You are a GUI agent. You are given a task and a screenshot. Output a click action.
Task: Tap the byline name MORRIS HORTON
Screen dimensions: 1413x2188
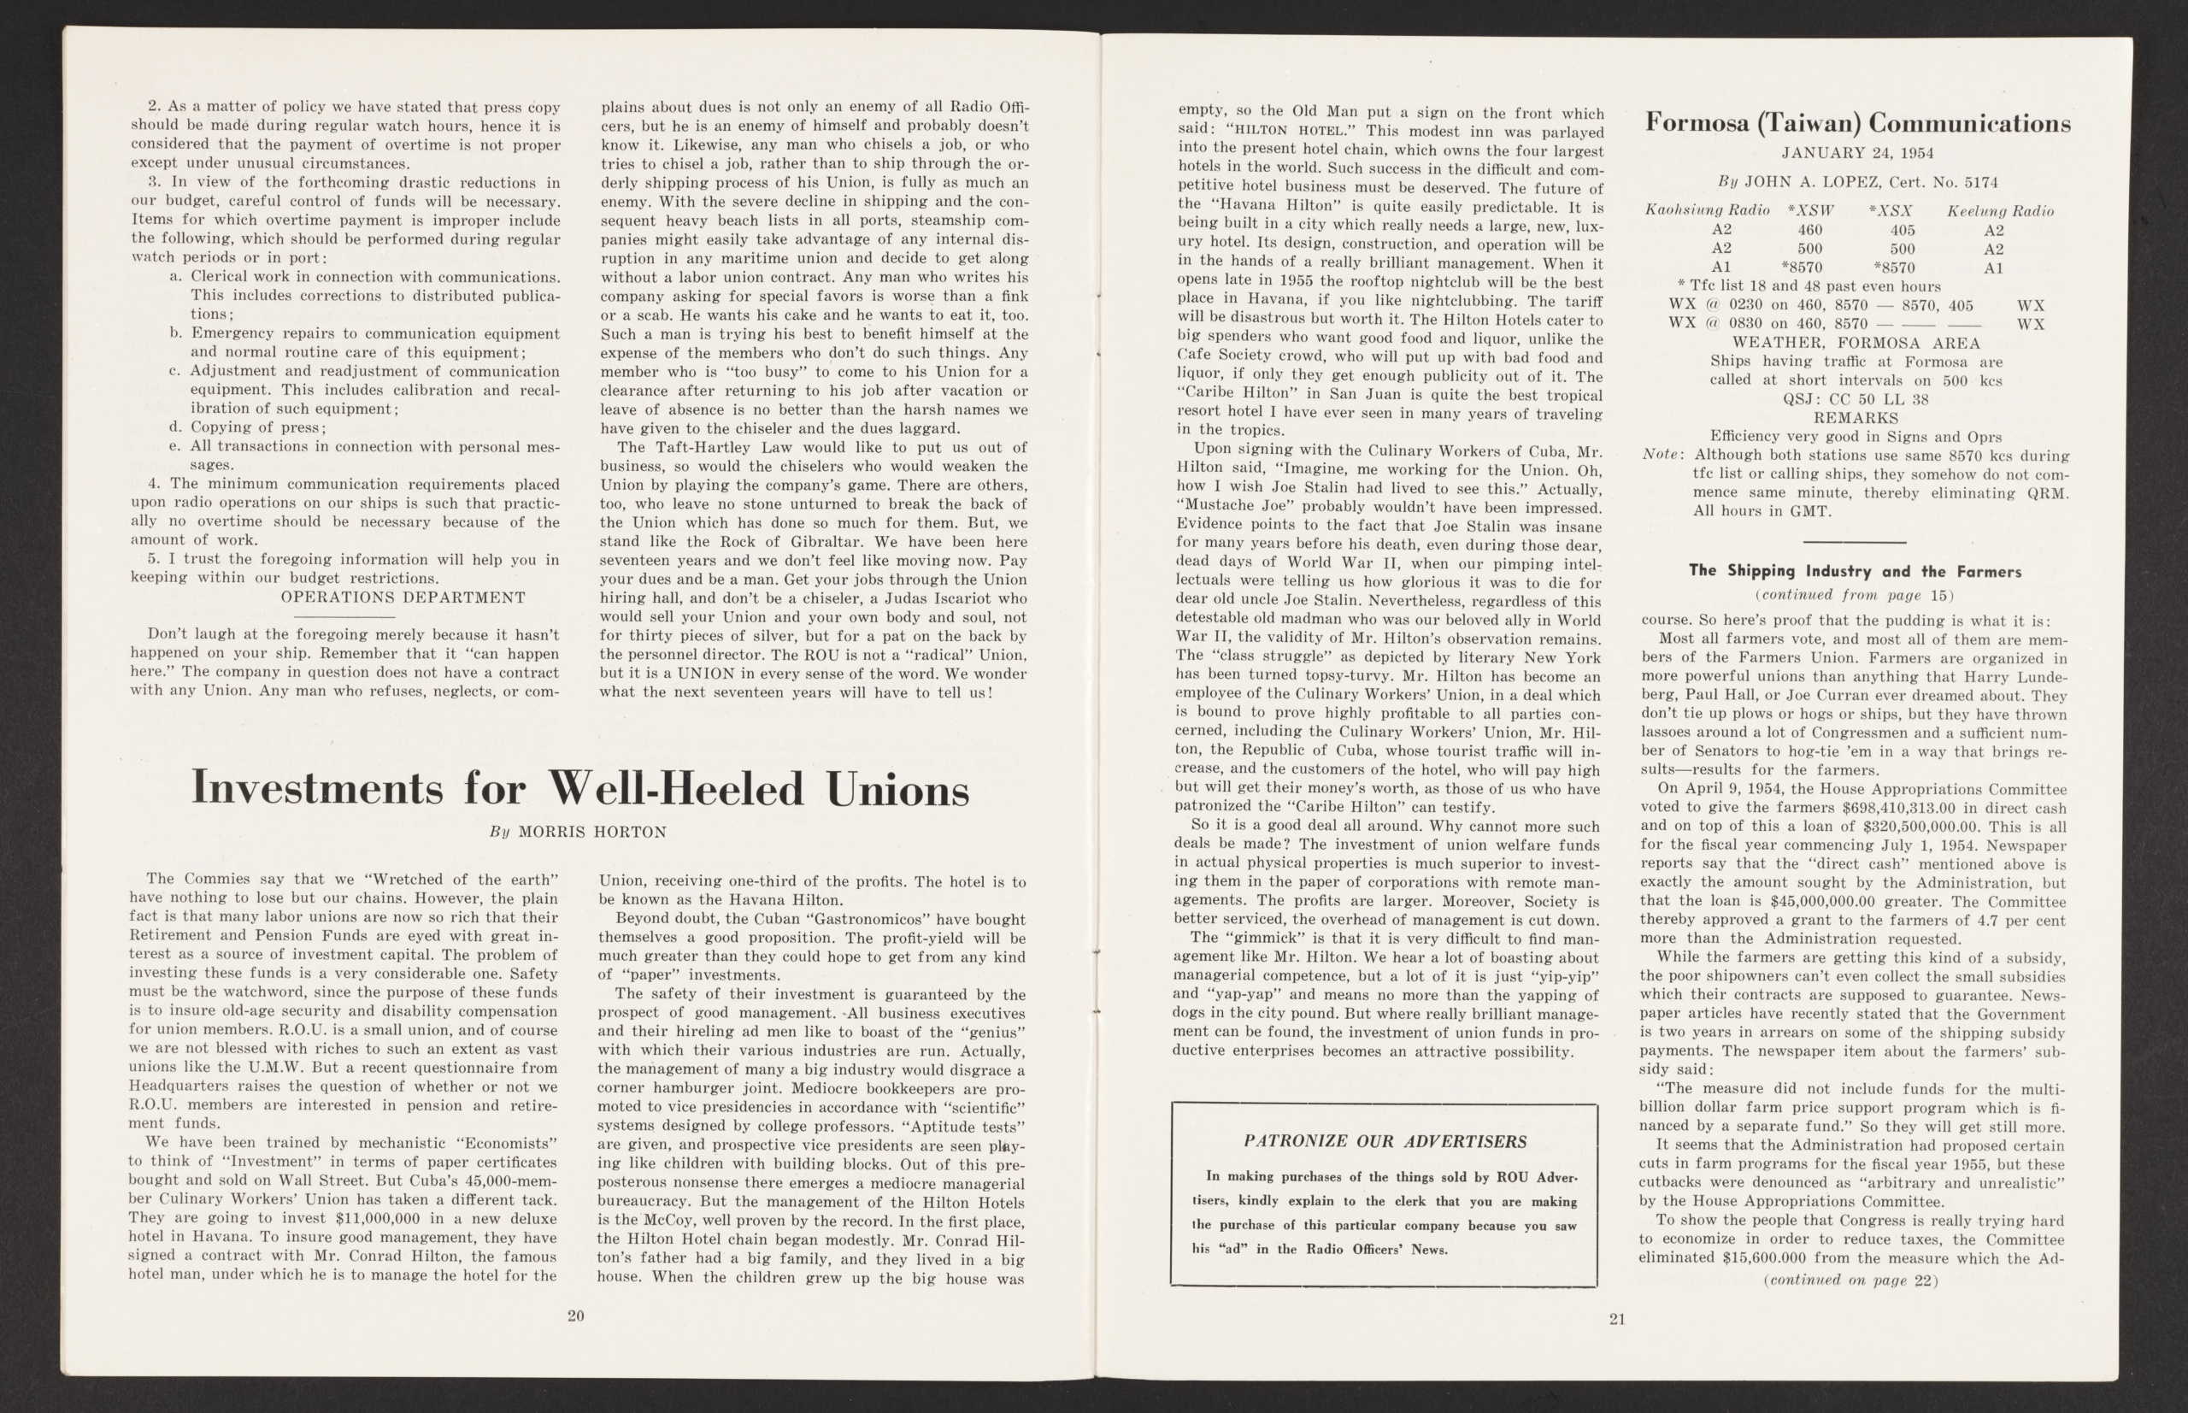[591, 833]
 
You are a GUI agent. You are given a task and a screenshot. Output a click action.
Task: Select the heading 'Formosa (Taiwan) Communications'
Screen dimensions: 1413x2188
[1858, 123]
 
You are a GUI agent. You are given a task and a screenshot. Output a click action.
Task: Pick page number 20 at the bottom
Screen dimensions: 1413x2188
[575, 1316]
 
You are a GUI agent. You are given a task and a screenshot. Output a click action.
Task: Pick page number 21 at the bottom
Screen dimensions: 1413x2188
[1616, 1320]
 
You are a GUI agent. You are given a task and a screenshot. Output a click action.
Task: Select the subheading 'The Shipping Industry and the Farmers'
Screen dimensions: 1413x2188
[1855, 571]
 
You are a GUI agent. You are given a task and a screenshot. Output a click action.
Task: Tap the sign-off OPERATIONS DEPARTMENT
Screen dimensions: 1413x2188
[403, 598]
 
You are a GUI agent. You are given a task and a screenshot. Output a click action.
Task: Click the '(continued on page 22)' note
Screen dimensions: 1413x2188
[1850, 1280]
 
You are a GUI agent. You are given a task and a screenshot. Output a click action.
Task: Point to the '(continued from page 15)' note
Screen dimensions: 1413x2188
[1852, 595]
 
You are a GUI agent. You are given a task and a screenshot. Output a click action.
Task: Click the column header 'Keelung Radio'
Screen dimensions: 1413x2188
[2000, 211]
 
